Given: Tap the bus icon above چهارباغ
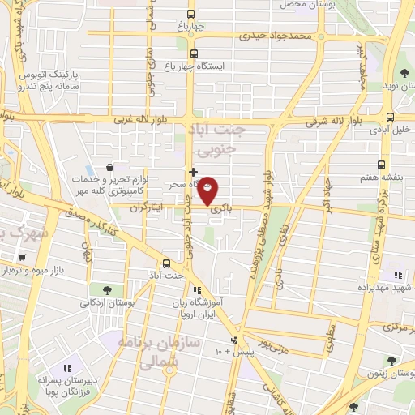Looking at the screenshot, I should [x=191, y=14].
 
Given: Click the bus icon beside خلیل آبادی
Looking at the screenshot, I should [x=391, y=116].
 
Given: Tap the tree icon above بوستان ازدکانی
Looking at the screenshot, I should [x=108, y=289].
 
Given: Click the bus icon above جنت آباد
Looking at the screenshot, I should [x=166, y=263].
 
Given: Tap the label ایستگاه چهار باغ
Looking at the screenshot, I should [x=220, y=65].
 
